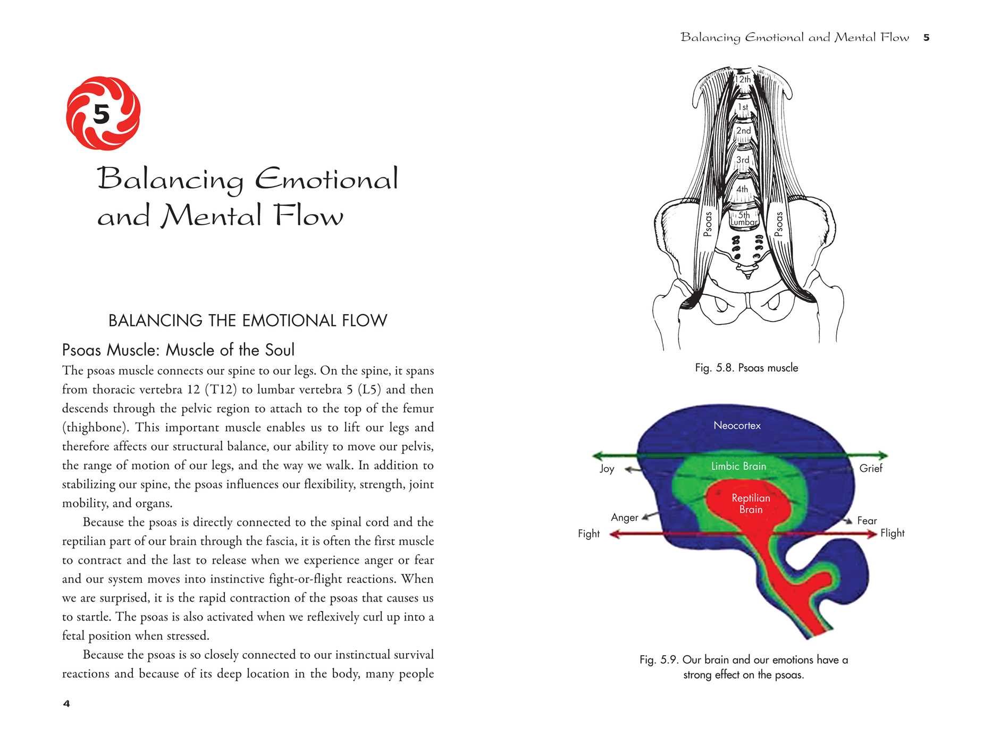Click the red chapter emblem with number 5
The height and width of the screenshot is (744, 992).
pyautogui.click(x=103, y=114)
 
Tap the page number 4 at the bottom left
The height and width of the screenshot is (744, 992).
pyautogui.click(x=66, y=704)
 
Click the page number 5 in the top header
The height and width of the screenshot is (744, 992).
pyautogui.click(x=926, y=38)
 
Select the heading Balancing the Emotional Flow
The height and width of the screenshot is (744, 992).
pyautogui.click(x=248, y=320)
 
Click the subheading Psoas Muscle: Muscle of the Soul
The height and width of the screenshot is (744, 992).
pyautogui.click(x=178, y=350)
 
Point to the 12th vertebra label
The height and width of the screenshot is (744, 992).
pyautogui.click(x=743, y=79)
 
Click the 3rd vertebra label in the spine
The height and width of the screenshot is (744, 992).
pyautogui.click(x=743, y=159)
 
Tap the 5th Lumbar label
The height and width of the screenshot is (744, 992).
pyautogui.click(x=744, y=218)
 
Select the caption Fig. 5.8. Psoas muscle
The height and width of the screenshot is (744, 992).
pyautogui.click(x=746, y=368)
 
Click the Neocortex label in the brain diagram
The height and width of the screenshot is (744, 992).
pyautogui.click(x=737, y=425)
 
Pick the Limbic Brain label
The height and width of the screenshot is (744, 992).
pyautogui.click(x=738, y=466)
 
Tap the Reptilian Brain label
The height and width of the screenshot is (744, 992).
pyautogui.click(x=751, y=503)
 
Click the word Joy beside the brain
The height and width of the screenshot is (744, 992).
pyautogui.click(x=607, y=468)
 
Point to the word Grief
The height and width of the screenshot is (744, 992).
pyautogui.click(x=870, y=468)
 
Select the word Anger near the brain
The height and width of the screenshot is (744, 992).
pyautogui.click(x=624, y=518)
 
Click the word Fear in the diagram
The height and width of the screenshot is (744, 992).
pyautogui.click(x=867, y=521)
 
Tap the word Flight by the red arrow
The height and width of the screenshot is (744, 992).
pyautogui.click(x=892, y=533)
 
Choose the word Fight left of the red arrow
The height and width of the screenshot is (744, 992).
pyautogui.click(x=589, y=534)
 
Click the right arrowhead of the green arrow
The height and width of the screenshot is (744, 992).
pyautogui.click(x=882, y=455)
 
